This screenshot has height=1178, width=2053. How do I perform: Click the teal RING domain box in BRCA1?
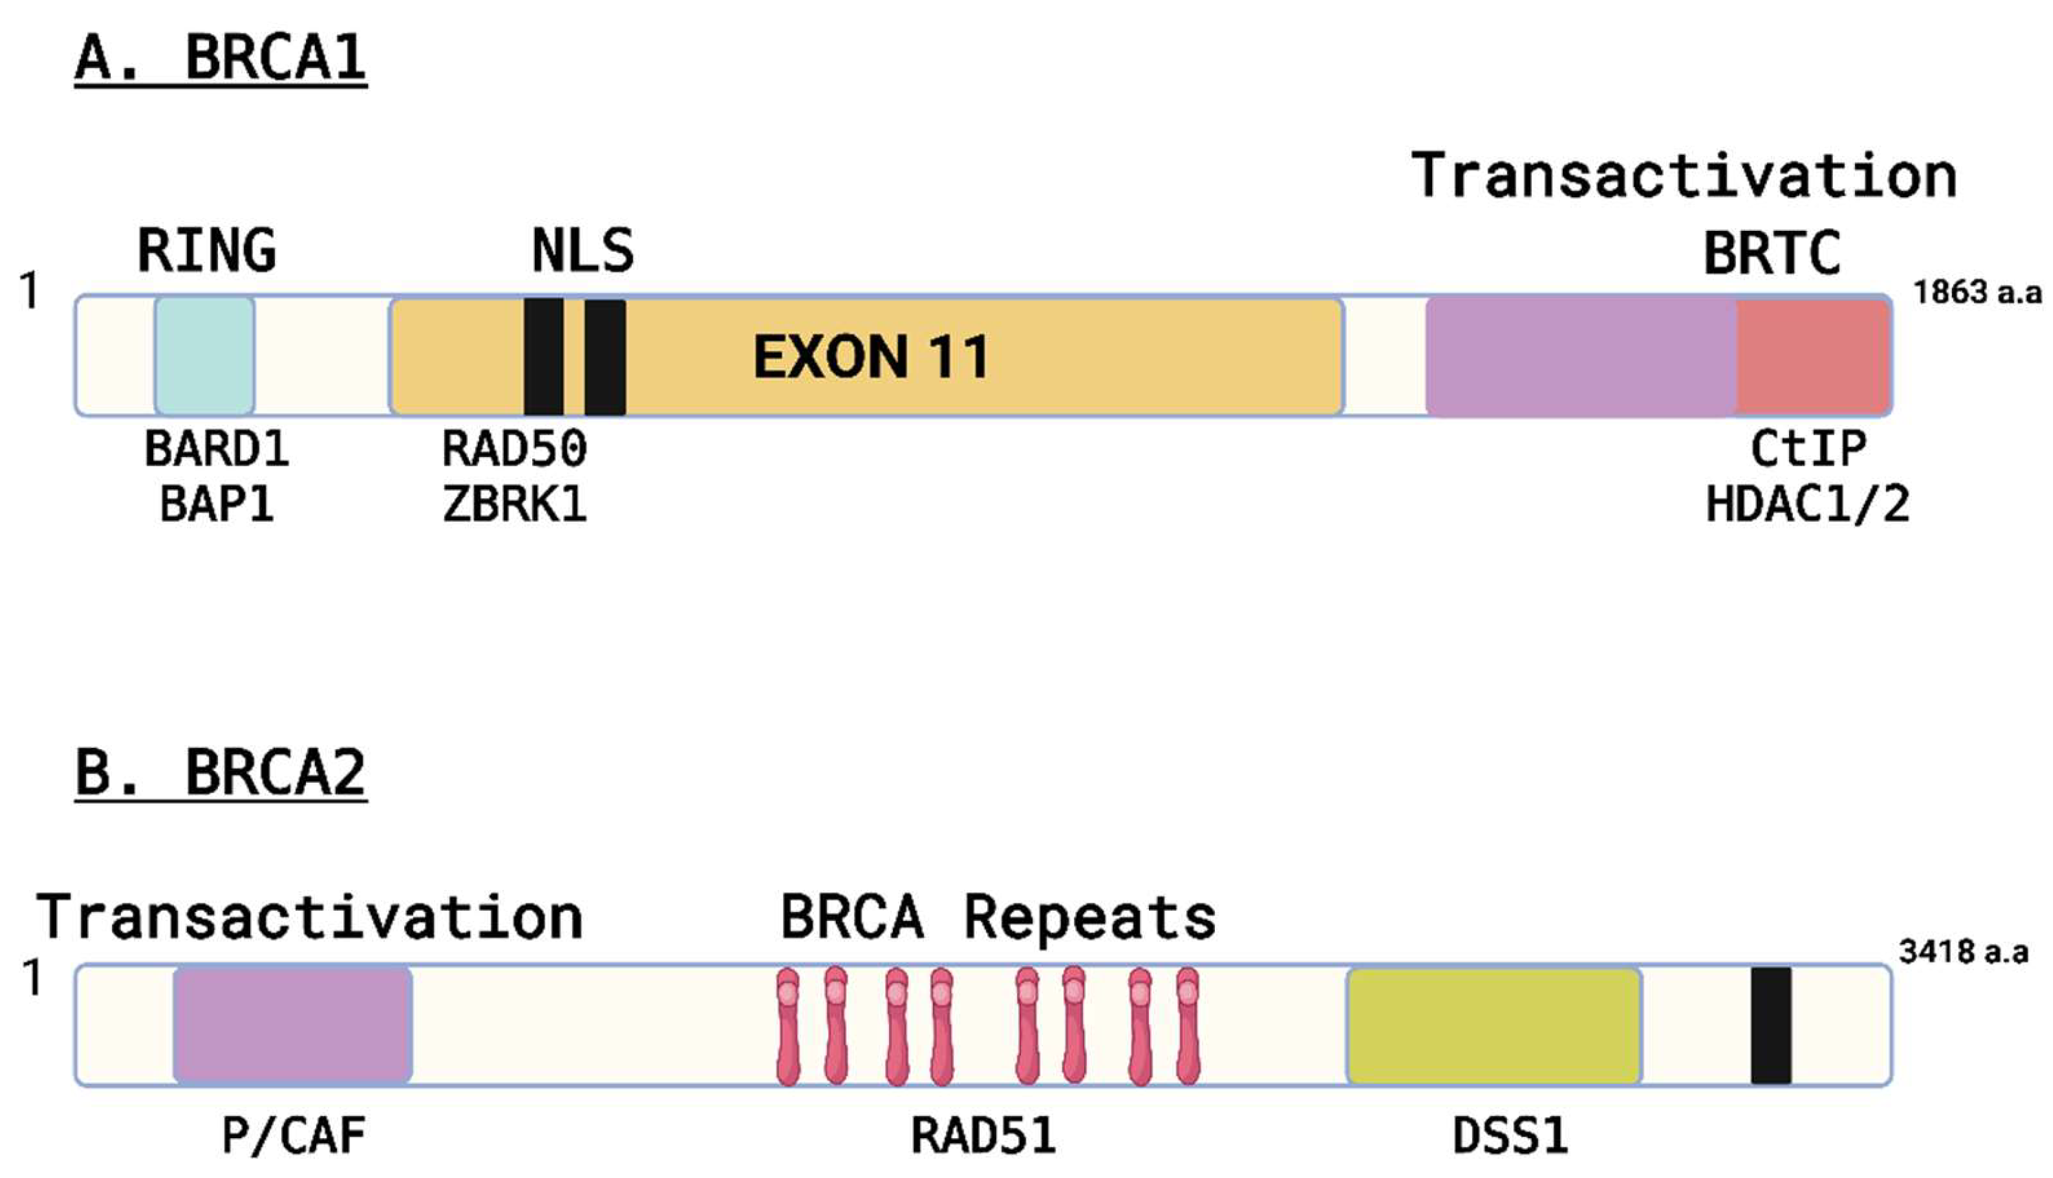(x=204, y=356)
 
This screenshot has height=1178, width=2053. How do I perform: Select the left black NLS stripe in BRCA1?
(x=543, y=356)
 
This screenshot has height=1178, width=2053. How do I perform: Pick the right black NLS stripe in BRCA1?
(x=604, y=356)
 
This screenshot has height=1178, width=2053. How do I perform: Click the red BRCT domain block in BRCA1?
(x=1812, y=356)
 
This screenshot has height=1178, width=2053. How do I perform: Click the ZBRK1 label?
(x=515, y=506)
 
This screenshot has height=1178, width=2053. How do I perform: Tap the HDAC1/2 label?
(x=1807, y=506)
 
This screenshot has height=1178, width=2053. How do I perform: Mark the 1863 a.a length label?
(x=1976, y=292)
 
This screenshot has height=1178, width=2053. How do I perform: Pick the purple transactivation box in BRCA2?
(x=292, y=1025)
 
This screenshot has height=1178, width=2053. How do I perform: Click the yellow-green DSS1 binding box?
(x=1494, y=1025)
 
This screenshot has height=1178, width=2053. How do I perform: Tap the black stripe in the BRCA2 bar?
(x=1770, y=1025)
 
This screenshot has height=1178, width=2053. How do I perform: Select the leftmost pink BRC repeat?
(x=787, y=1025)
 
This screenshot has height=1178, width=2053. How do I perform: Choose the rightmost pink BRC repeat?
(x=1187, y=1025)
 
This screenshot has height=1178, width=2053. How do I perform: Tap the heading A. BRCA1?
(x=220, y=58)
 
